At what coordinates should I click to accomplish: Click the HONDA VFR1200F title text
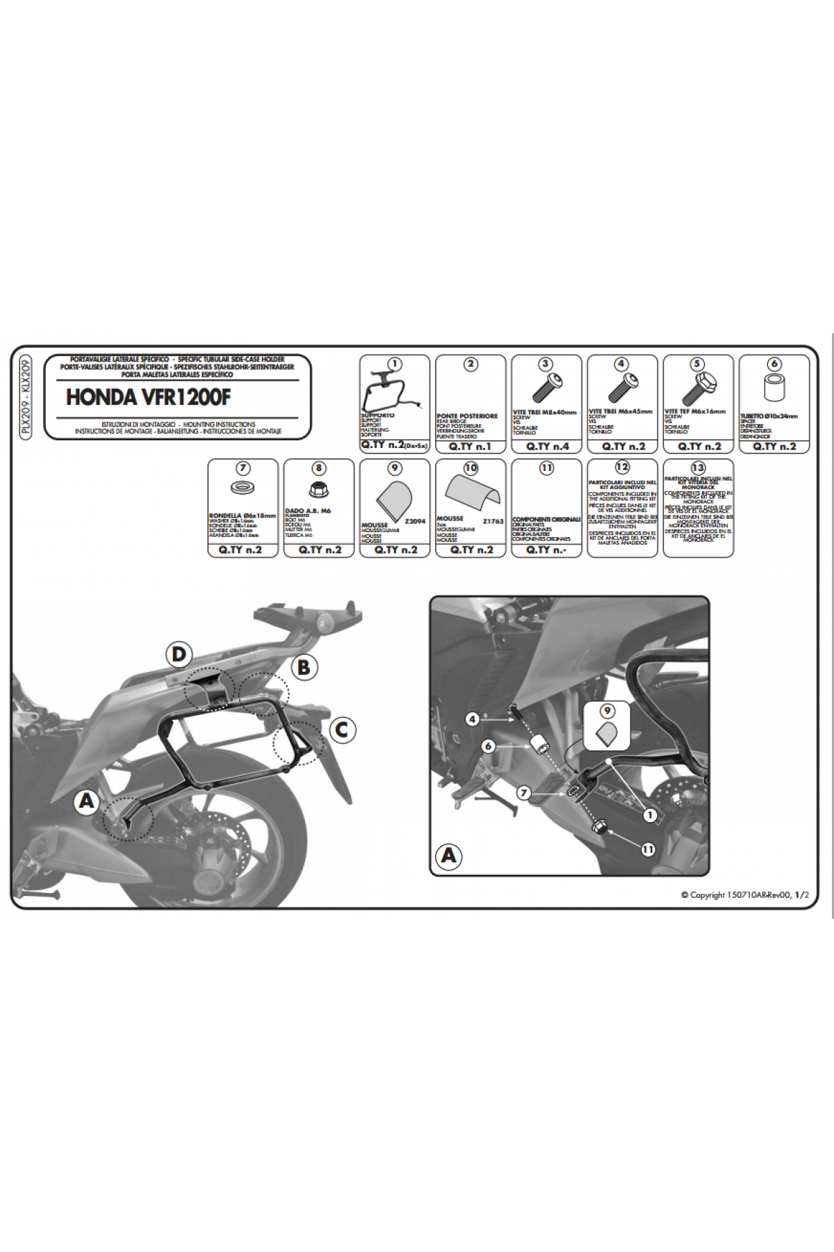pos(148,397)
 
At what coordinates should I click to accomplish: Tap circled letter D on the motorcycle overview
pos(179,655)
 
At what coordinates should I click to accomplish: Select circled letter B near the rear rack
pos(304,667)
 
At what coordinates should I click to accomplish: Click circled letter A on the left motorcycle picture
pos(87,801)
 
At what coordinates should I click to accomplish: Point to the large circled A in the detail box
pos(449,855)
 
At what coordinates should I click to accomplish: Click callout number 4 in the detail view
pos(473,719)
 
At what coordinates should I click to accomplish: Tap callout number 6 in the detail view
pos(489,746)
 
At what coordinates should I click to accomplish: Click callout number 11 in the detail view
pos(648,849)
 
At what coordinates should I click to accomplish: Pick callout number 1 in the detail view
pos(651,815)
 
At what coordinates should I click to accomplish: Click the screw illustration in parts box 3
pos(546,387)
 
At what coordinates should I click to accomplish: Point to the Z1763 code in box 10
pos(493,521)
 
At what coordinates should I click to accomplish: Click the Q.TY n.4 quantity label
pos(547,447)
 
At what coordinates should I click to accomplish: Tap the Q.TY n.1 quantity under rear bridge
pos(470,447)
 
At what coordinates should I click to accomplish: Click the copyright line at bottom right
pos(744,895)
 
